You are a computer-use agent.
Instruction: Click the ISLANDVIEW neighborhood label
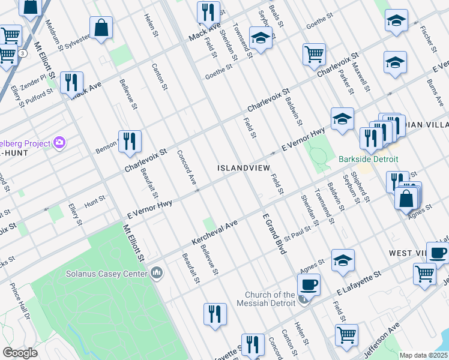click(x=244, y=168)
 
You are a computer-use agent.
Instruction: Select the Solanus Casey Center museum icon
click(x=157, y=274)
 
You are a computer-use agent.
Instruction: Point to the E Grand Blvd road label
click(x=271, y=233)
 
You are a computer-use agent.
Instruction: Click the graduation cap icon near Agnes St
click(x=342, y=259)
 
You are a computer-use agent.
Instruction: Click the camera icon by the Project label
click(x=59, y=142)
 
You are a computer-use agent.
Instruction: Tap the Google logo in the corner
click(x=20, y=353)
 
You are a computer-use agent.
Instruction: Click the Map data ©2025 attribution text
click(x=423, y=355)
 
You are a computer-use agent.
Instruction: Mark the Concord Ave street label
click(x=187, y=167)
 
